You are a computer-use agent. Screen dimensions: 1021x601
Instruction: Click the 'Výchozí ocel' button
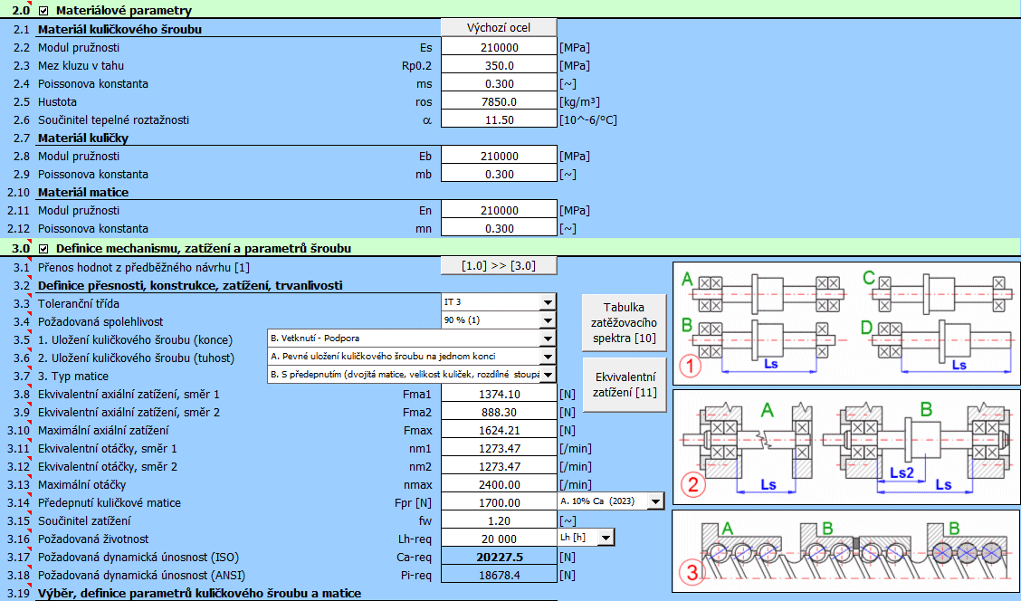pos(499,27)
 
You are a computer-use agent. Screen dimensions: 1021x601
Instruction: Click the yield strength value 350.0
pos(499,66)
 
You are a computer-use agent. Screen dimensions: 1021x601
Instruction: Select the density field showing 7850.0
pos(499,102)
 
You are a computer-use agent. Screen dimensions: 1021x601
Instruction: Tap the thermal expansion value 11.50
pos(499,120)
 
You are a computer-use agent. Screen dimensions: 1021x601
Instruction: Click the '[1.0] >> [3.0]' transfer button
pos(499,266)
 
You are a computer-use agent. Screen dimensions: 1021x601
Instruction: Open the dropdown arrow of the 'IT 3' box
pos(548,302)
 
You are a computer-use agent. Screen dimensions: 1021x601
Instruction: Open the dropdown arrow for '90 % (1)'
pos(548,320)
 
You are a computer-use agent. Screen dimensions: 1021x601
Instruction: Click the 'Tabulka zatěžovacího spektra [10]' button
pos(625,323)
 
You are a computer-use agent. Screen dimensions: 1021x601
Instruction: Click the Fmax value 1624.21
pos(499,431)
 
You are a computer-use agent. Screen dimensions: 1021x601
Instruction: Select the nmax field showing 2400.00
pos(499,485)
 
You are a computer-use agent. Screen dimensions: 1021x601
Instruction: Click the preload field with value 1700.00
pos(499,503)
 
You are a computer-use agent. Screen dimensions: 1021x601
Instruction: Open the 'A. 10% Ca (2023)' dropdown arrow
pos(655,501)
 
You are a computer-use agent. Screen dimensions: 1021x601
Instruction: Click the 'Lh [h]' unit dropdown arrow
pos(606,538)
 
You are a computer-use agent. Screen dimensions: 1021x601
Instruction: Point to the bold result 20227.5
pos(499,558)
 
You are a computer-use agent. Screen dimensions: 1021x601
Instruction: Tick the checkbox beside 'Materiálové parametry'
pos(43,11)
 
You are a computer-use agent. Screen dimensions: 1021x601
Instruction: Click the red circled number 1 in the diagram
pos(691,366)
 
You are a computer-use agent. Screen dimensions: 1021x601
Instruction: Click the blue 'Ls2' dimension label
pos(902,472)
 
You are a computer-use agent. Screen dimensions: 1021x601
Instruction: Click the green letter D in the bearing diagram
pos(866,328)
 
